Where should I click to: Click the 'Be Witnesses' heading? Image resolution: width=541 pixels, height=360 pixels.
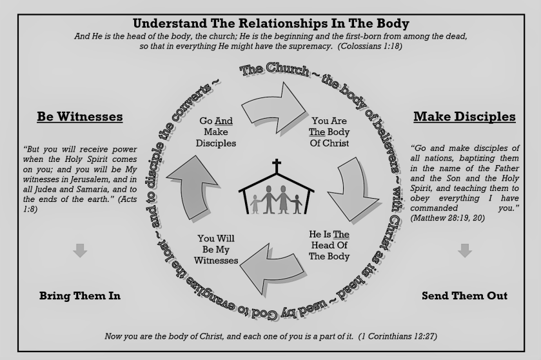(80, 117)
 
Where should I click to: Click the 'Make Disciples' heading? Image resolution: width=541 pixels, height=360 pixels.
(464, 117)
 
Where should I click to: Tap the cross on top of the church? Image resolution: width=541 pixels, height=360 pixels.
(277, 166)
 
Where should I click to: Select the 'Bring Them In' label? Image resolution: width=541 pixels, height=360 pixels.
(80, 296)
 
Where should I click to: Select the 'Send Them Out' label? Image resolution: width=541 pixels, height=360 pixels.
(464, 296)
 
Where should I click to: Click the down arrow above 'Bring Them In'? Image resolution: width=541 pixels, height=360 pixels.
(80, 250)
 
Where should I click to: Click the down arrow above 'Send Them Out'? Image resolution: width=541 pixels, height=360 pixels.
(464, 250)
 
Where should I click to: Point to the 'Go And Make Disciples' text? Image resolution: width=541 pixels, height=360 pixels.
(217, 132)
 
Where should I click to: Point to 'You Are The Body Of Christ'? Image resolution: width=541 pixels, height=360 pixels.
(330, 132)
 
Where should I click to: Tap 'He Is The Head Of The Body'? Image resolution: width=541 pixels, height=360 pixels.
(330, 245)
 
